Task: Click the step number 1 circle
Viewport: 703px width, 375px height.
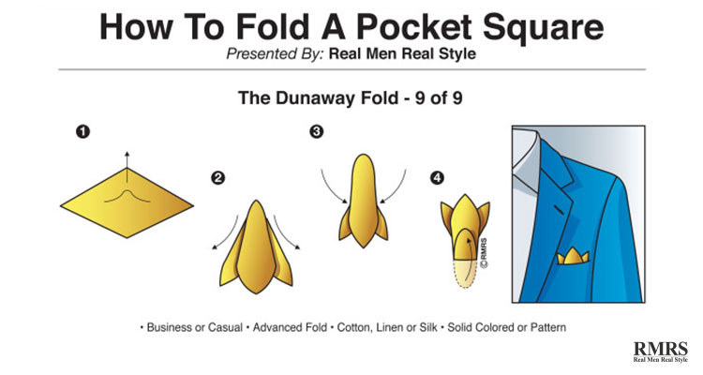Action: [x=82, y=132]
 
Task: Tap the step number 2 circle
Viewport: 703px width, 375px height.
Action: [x=217, y=178]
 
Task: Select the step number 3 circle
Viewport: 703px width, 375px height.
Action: [x=317, y=131]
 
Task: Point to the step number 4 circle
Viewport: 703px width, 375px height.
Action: [x=437, y=178]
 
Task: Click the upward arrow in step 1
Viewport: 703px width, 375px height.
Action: [x=127, y=167]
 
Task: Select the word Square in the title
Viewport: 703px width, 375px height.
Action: [x=543, y=28]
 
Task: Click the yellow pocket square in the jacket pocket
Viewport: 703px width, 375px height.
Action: [x=573, y=256]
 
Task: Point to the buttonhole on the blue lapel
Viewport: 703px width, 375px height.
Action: [x=559, y=209]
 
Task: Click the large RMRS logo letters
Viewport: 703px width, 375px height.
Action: [x=661, y=349]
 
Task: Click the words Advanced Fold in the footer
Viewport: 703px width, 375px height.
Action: [x=290, y=327]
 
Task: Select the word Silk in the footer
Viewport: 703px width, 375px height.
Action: [x=428, y=327]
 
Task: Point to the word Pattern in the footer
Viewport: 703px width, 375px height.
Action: [x=548, y=327]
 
